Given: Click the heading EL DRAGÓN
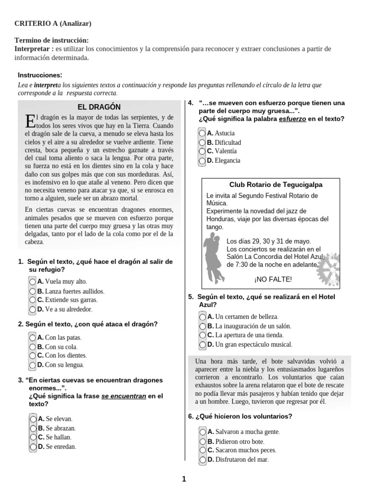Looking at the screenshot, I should click(x=99, y=106).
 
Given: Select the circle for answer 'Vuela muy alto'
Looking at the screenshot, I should click(x=33, y=281).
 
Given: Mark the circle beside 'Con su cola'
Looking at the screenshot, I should click(x=33, y=346).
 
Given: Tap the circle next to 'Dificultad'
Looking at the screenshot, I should click(x=203, y=142).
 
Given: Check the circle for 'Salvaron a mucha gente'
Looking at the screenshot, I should click(x=203, y=432).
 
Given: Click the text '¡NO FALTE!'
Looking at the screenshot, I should click(x=273, y=280).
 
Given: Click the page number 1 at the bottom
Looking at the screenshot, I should click(x=184, y=479).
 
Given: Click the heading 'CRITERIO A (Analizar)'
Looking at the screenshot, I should click(x=53, y=23).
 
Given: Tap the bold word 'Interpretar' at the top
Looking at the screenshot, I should click(x=34, y=49).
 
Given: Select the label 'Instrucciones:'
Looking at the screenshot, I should click(x=40, y=75).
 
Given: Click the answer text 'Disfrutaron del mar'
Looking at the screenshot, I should click(x=242, y=459).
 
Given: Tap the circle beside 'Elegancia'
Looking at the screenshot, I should click(x=203, y=160).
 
